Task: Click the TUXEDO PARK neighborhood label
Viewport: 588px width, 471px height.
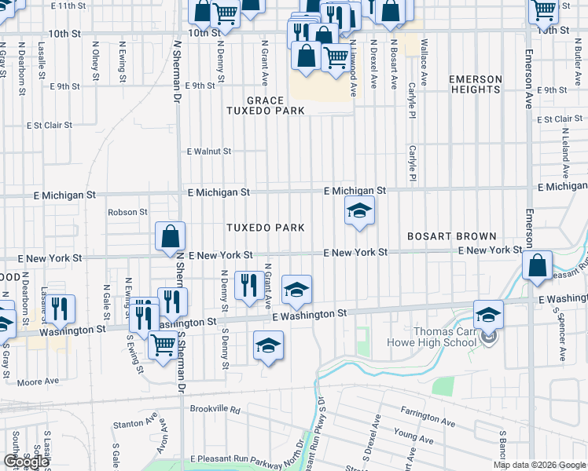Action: point(265,228)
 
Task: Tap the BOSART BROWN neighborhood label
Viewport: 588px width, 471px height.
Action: point(451,236)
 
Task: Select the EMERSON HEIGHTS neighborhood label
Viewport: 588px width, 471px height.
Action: point(475,85)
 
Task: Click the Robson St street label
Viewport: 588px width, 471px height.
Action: point(127,212)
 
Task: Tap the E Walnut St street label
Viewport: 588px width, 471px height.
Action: point(208,152)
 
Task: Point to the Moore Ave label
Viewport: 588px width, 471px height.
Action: point(38,382)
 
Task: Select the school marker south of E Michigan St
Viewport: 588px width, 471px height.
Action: point(359,211)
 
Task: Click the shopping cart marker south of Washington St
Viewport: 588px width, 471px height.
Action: point(163,344)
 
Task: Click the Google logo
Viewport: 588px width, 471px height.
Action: point(26,462)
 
